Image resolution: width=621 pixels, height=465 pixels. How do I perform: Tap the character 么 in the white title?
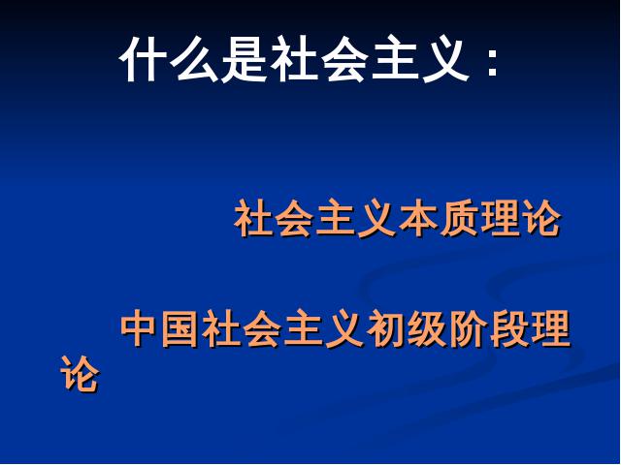point(194,59)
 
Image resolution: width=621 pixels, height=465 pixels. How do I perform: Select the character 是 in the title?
point(243,59)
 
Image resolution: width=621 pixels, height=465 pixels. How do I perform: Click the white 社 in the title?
point(293,59)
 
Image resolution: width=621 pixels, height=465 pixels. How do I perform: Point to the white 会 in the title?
point(343,59)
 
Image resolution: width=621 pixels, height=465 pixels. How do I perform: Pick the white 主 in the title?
point(393,59)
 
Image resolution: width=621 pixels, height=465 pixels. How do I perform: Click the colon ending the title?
point(492,63)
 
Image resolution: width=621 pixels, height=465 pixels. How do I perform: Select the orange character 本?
point(418,218)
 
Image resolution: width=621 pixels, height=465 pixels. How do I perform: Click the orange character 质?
point(459,218)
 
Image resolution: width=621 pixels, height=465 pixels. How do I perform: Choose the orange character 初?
point(385,328)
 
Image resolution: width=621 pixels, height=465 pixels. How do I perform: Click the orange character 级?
point(426,328)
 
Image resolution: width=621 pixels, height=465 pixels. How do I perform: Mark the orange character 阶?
point(468,328)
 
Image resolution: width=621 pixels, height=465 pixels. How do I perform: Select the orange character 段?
point(508,328)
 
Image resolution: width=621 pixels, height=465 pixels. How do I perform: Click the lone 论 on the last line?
point(80,374)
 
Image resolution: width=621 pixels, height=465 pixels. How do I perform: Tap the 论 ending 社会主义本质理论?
point(541,218)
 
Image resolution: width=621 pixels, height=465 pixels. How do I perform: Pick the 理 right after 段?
point(550,328)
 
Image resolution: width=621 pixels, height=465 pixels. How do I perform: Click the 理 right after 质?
point(501,218)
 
